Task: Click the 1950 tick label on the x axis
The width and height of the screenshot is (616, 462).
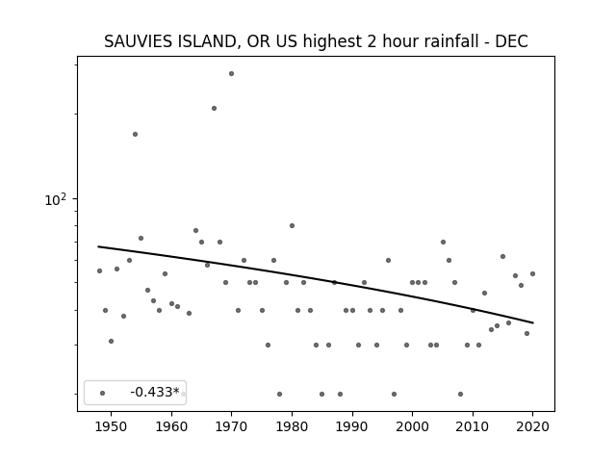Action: [112, 426]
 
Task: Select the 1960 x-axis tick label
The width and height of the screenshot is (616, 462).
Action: [171, 426]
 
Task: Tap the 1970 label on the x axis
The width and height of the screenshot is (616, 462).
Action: [231, 426]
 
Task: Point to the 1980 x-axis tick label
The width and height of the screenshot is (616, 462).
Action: [292, 426]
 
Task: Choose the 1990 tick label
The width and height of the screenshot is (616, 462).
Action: [352, 426]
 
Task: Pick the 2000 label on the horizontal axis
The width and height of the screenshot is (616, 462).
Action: [413, 426]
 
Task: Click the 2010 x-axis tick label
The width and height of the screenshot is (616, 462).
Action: [473, 426]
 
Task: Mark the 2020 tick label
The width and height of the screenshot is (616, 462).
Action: [532, 426]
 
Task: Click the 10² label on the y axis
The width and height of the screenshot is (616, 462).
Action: [56, 199]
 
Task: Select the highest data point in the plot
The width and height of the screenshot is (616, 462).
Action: [231, 73]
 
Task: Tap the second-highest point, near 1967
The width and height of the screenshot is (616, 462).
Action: [214, 108]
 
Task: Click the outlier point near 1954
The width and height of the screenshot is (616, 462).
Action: [135, 135]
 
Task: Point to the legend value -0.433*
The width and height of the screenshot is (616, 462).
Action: [155, 392]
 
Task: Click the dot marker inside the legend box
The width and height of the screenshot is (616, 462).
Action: [103, 393]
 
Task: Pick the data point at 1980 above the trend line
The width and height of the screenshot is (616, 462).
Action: [292, 225]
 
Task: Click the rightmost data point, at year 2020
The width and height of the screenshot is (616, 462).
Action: [532, 273]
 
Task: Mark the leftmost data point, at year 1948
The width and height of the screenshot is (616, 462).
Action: [99, 270]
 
